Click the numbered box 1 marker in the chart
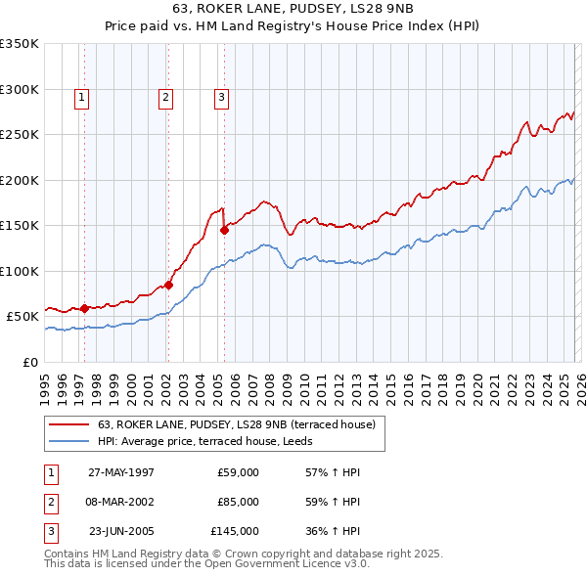(x=81, y=97)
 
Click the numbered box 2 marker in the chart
(x=165, y=97)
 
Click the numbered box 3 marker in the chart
(x=222, y=97)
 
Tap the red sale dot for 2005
(x=225, y=231)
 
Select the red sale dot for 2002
(x=168, y=286)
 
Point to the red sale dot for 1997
(x=85, y=308)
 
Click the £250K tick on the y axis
(x=20, y=134)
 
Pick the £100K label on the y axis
(x=20, y=271)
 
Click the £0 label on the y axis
(x=29, y=362)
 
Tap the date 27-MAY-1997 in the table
(x=121, y=472)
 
